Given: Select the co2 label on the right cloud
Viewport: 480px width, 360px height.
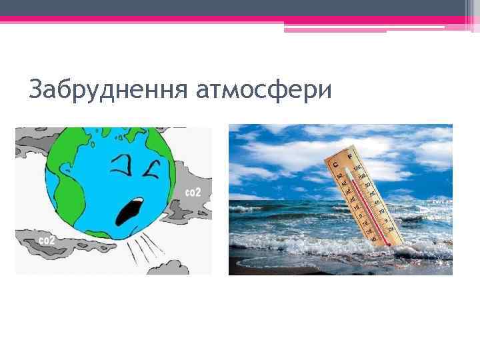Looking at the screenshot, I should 192,192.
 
